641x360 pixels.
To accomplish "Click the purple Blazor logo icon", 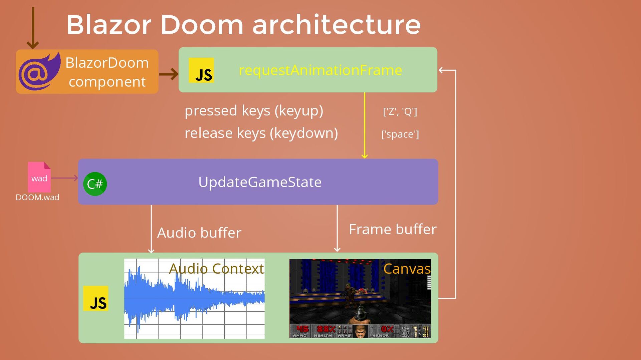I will [x=39, y=72].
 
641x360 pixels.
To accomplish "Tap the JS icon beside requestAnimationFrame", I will [x=201, y=70].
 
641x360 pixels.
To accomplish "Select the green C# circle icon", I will [x=95, y=184].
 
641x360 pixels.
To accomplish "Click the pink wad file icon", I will [x=39, y=177].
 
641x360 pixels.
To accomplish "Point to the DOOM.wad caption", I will [x=37, y=198].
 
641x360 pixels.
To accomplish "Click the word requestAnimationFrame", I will [x=320, y=70].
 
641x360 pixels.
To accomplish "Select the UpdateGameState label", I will [x=260, y=182].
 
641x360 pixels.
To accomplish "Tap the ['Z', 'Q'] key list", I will [x=400, y=111].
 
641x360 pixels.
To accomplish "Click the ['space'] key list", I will [x=400, y=134].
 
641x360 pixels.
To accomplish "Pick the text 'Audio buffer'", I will [x=199, y=233].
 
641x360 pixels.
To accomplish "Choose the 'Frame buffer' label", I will [x=393, y=230].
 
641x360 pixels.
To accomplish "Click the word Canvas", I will [x=407, y=269].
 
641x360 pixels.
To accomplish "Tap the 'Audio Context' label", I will [x=216, y=269].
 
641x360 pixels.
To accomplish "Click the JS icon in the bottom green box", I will [x=96, y=299].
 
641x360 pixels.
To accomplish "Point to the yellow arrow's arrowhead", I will [x=365, y=156].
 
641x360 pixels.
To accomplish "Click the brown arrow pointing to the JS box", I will [x=169, y=74].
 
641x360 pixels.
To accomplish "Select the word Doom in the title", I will [x=202, y=25].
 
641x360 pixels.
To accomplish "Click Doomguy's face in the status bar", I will [x=360, y=332].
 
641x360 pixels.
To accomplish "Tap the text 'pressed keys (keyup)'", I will [x=254, y=111].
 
